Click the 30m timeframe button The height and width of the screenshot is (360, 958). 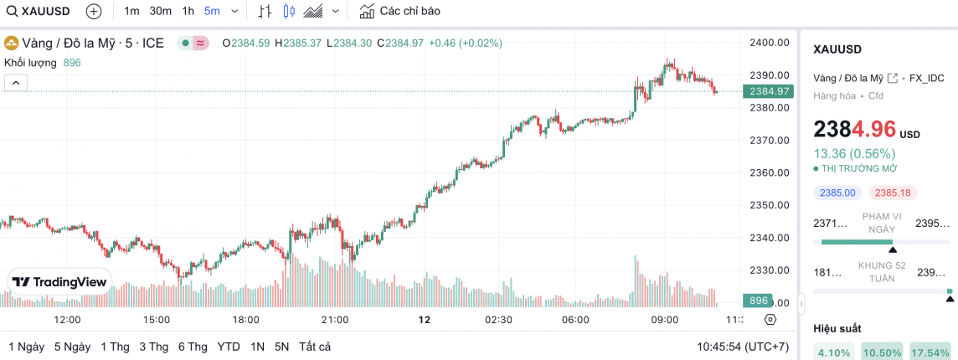[x=160, y=11]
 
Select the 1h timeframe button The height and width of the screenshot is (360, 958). [x=188, y=11]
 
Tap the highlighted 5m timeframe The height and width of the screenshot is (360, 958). [x=212, y=11]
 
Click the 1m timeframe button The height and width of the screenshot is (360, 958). [x=131, y=11]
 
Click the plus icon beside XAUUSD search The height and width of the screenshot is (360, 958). [x=94, y=11]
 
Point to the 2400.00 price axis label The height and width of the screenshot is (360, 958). [x=770, y=42]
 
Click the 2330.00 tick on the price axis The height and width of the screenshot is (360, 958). [x=770, y=270]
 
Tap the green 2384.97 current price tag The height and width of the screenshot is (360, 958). [x=769, y=91]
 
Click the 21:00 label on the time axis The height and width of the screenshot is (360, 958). [x=335, y=320]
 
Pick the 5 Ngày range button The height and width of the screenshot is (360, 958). [x=72, y=347]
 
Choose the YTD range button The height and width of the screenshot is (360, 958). [x=228, y=347]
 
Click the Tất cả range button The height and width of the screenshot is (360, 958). [x=315, y=347]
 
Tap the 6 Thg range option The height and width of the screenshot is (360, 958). [x=193, y=347]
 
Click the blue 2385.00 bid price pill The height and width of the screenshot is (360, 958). [x=837, y=193]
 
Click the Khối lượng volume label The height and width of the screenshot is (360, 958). [x=30, y=63]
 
